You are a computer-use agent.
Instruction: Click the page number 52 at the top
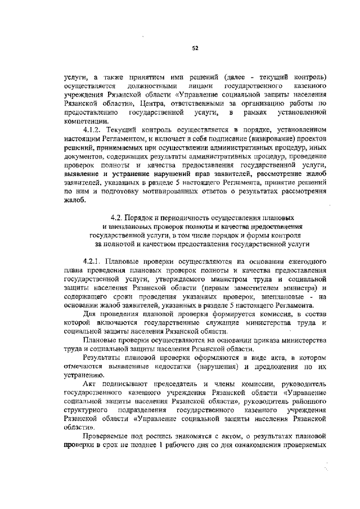[x=195, y=48]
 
